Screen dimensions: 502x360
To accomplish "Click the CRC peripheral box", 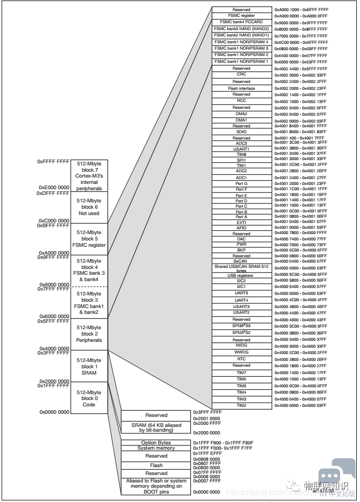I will (x=241, y=75).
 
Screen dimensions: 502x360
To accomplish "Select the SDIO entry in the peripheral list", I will (x=241, y=132).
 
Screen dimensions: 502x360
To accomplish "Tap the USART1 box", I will (x=241, y=149).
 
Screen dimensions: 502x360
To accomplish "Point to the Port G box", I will (x=241, y=183).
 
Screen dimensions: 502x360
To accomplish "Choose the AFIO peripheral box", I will (x=241, y=228).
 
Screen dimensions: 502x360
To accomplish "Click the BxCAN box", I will (x=241, y=261).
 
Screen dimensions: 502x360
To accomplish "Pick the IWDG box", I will (x=241, y=346).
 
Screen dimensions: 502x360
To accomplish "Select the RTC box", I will (x=241, y=359).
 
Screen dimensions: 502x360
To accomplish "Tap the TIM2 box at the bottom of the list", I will (x=241, y=405).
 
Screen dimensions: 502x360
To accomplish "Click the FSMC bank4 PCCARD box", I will (x=241, y=22).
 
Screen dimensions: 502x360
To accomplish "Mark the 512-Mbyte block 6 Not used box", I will (x=89, y=207).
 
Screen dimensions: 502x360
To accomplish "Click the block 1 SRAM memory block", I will (x=89, y=366).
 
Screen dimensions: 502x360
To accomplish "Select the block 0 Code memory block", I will (x=89, y=398).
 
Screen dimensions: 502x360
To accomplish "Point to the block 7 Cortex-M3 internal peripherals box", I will (x=89, y=176).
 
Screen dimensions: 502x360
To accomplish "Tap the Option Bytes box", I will (x=156, y=442).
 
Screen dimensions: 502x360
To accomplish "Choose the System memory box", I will (x=156, y=448).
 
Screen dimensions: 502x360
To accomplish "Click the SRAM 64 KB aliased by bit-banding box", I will (x=156, y=427).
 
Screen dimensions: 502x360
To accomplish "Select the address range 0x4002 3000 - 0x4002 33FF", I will (x=300, y=75).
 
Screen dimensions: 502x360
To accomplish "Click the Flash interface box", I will (x=241, y=88).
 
